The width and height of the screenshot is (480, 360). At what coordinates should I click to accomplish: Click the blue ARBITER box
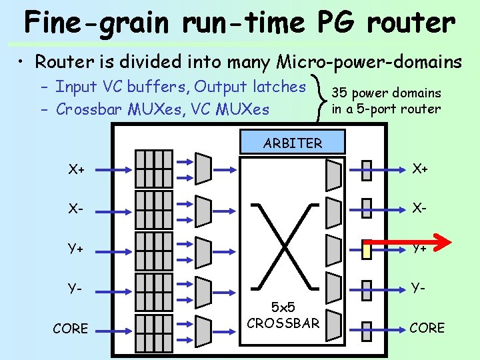click(293, 143)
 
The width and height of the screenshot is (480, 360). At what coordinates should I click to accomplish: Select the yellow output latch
click(366, 249)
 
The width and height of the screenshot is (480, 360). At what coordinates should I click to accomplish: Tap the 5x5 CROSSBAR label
click(283, 316)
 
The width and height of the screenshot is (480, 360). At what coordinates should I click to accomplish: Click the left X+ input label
click(77, 169)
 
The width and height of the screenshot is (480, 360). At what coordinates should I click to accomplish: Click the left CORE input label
click(70, 328)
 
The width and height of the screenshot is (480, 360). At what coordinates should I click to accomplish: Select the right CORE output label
click(427, 328)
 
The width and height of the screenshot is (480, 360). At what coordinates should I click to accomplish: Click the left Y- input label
click(75, 289)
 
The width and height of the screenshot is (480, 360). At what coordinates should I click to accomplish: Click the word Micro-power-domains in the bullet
click(369, 63)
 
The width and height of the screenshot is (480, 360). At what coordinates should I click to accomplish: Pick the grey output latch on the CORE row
click(366, 328)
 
